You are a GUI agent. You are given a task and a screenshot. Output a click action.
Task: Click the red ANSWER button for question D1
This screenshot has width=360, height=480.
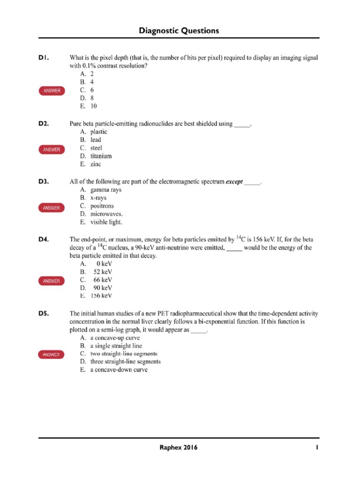[x=52, y=90]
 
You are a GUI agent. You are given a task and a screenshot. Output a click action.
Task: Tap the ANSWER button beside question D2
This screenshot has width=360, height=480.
[x=52, y=150]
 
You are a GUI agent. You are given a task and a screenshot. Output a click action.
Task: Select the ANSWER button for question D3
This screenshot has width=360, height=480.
[x=52, y=208]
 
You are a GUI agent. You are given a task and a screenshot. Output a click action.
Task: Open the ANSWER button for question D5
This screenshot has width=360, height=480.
[x=52, y=355]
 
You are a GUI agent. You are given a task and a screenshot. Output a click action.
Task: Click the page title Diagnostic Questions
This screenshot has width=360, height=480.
[x=179, y=31]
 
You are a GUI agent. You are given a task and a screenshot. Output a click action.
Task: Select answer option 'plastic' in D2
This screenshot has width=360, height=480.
[x=98, y=132]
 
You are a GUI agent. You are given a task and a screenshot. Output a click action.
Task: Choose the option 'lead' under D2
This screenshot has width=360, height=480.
[x=96, y=140]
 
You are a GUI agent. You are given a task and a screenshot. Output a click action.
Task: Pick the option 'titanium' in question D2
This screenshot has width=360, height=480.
[x=101, y=156]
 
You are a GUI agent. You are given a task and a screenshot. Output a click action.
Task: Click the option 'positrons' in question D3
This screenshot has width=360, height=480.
[x=102, y=206]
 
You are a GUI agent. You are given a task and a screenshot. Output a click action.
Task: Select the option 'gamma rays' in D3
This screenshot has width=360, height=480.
[x=105, y=190]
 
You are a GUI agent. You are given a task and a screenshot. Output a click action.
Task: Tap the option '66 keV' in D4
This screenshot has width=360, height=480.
[x=103, y=280]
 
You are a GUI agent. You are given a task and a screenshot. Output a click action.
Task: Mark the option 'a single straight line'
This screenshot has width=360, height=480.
[x=116, y=345]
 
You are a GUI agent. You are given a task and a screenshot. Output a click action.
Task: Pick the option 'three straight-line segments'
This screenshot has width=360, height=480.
[x=125, y=361]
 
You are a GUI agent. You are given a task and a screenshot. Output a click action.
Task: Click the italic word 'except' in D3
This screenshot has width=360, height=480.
[x=234, y=181]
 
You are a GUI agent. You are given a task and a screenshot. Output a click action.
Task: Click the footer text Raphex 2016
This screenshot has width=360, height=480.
[x=179, y=448]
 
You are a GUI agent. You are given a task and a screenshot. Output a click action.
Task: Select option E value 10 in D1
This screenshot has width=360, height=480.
[x=94, y=106]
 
